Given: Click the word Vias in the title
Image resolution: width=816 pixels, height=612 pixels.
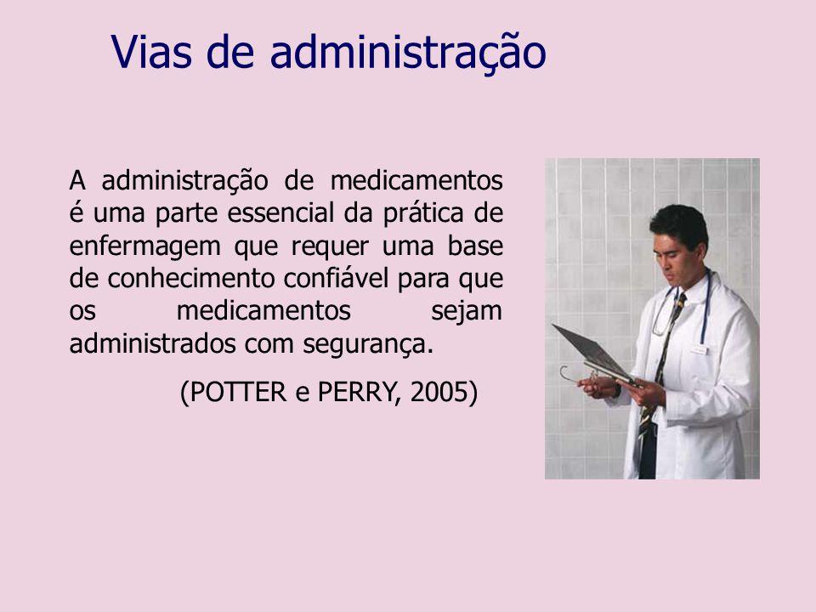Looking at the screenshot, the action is click(151, 52).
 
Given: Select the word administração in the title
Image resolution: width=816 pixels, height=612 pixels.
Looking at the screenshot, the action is click(408, 53).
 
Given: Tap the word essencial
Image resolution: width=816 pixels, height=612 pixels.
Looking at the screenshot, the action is click(280, 212).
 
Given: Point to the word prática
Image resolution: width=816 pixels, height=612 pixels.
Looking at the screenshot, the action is click(423, 213).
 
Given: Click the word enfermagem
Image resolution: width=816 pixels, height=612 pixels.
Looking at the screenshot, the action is click(145, 246).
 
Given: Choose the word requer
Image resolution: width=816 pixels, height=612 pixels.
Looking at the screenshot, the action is click(330, 247).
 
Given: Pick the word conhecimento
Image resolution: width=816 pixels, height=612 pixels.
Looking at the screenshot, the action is click(191, 278).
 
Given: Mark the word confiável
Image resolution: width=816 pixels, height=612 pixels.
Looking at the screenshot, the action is click(337, 278).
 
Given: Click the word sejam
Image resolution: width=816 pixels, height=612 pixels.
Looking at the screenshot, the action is click(467, 311).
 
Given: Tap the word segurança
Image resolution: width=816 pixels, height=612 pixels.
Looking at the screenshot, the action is click(368, 345).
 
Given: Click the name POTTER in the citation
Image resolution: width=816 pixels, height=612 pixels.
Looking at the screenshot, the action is click(238, 392).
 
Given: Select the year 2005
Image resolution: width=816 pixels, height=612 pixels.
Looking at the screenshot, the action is click(439, 392).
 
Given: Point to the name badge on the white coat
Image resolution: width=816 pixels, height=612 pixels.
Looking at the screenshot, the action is click(699, 349).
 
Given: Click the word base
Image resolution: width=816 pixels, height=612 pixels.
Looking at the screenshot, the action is click(475, 246).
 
